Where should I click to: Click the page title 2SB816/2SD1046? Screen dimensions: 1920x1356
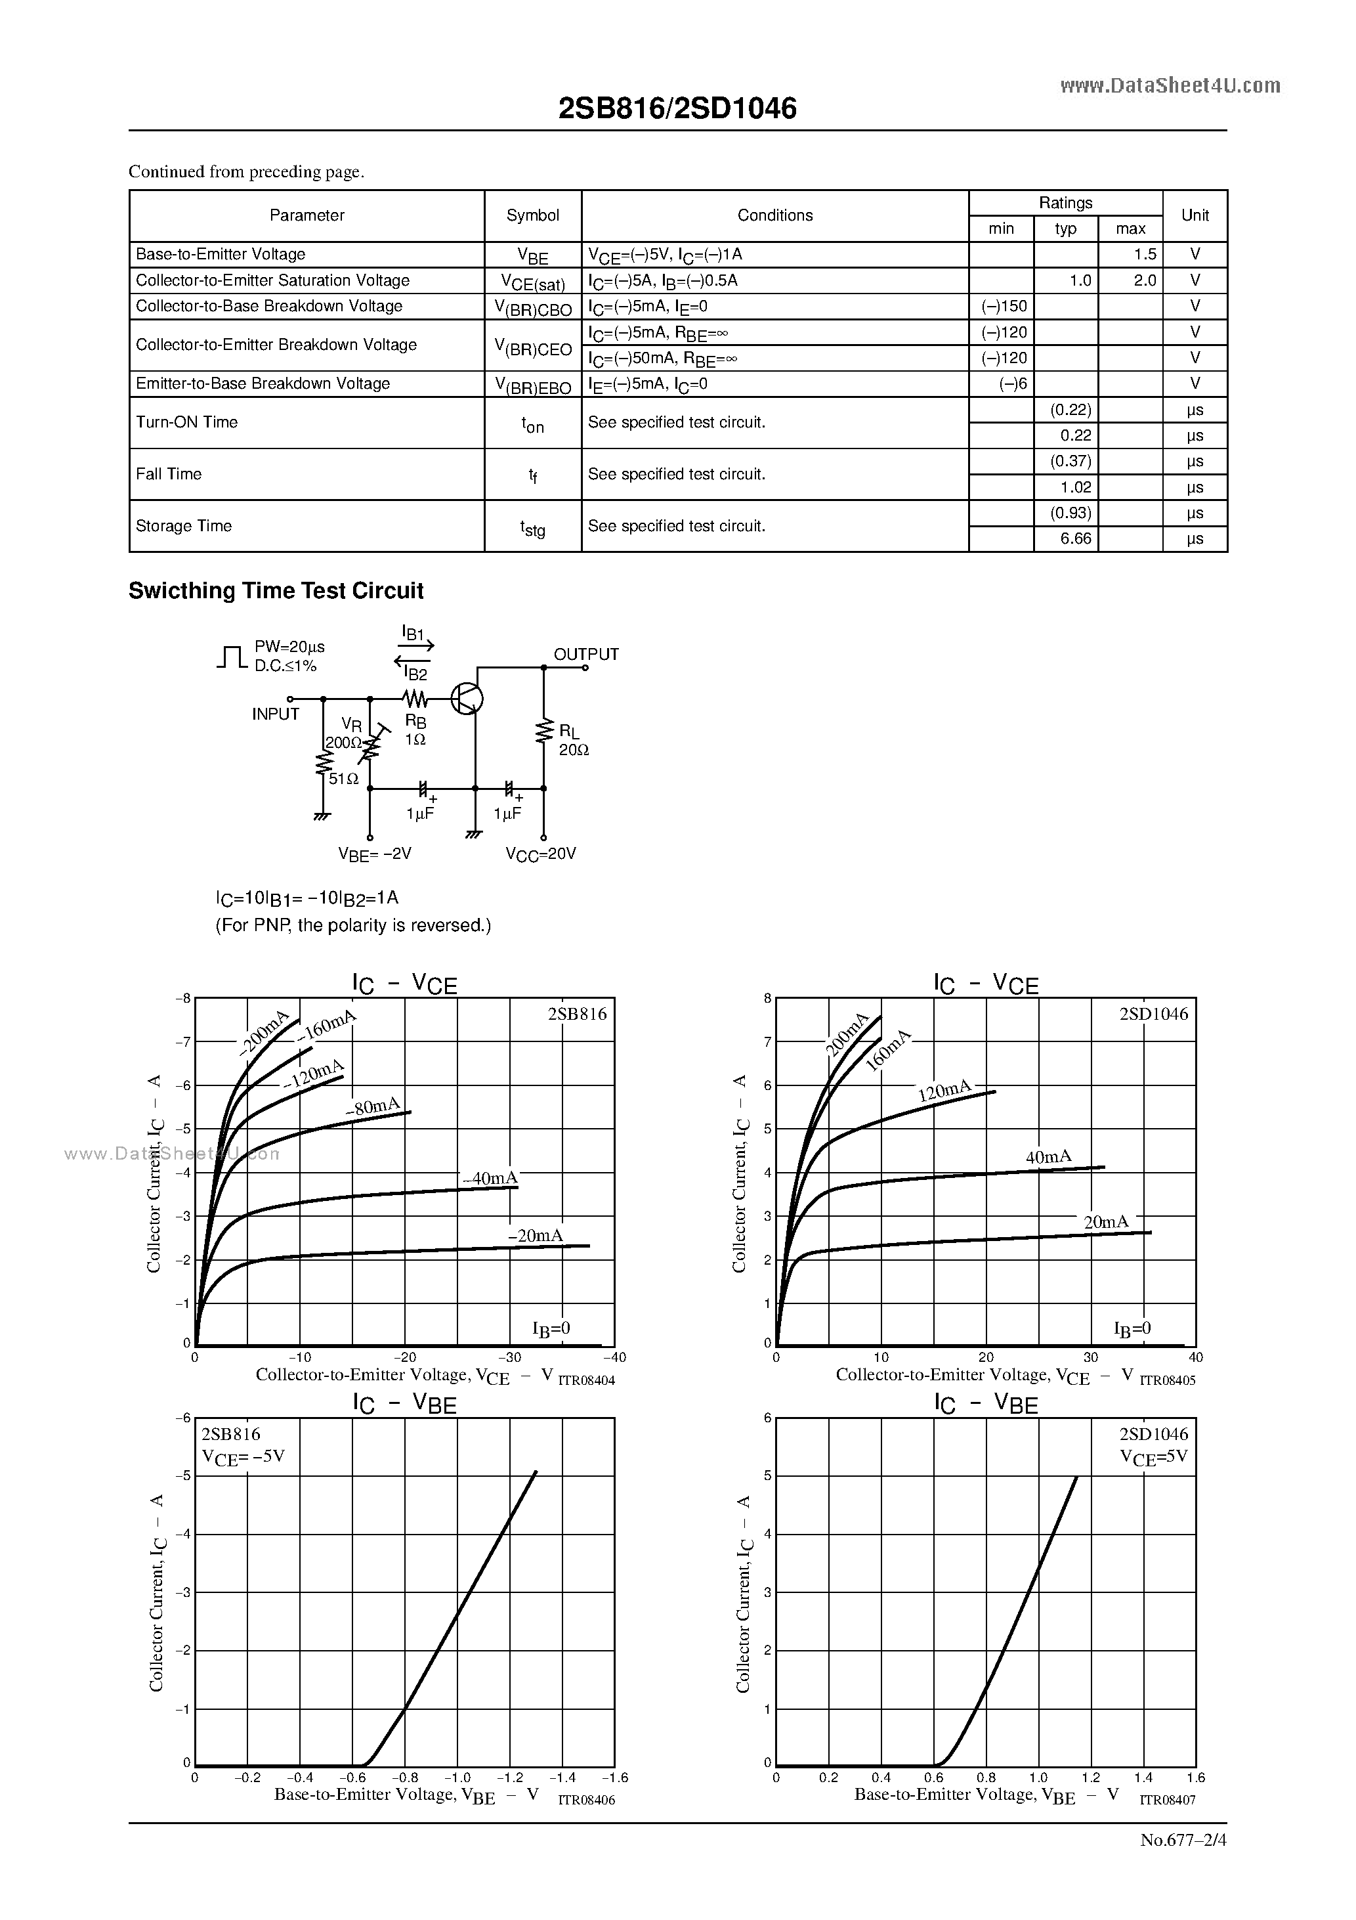click(677, 108)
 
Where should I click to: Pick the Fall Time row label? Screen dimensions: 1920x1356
click(169, 474)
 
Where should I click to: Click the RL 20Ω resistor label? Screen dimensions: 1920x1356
click(573, 741)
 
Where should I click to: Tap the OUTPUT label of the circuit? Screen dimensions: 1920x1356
click(586, 654)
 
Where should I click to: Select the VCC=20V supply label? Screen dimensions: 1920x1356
click(540, 854)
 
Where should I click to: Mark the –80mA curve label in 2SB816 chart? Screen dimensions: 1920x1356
click(373, 1107)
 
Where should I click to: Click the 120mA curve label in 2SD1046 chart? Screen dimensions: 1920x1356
click(944, 1091)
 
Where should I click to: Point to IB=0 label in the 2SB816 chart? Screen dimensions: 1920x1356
click(551, 1329)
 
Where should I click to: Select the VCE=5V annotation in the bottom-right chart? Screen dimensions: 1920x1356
click(1154, 1456)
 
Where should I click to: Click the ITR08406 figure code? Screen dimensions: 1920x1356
click(586, 1800)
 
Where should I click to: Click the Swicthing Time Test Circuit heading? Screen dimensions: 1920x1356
click(276, 591)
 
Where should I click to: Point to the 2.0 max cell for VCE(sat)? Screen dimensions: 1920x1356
click(1145, 281)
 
